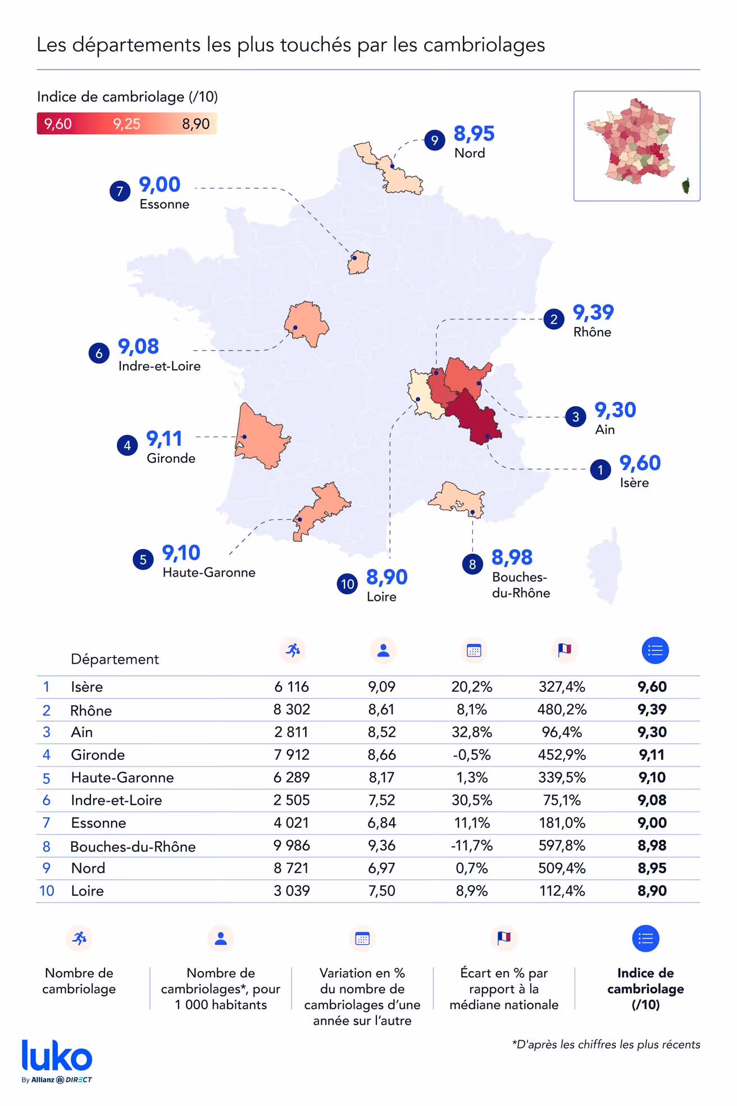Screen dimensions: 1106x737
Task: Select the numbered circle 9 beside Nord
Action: coord(434,140)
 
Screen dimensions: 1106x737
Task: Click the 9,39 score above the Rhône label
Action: coord(593,312)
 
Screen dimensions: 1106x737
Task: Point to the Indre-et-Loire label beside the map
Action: coord(160,366)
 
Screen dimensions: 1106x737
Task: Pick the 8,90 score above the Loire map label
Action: coord(386,577)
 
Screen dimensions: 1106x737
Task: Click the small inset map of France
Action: coord(636,146)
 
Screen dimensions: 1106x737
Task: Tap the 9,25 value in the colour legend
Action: coord(126,124)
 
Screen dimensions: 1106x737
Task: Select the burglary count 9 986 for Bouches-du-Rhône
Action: coord(292,846)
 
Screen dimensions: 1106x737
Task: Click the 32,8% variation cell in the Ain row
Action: coord(472,732)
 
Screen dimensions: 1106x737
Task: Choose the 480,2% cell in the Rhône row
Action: coord(562,710)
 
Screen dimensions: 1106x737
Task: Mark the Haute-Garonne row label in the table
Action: coord(122,778)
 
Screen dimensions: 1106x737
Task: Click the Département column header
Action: coord(115,659)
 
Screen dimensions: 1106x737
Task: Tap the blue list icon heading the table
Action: coord(655,651)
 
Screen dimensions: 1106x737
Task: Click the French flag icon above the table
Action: coord(564,650)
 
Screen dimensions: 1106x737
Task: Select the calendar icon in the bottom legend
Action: coord(362,939)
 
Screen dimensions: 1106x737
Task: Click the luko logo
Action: coord(57,1058)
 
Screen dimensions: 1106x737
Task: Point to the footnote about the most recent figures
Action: coord(606,1045)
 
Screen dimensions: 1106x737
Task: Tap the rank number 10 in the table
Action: coord(47,891)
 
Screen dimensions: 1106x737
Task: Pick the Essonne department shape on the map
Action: coord(358,262)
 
